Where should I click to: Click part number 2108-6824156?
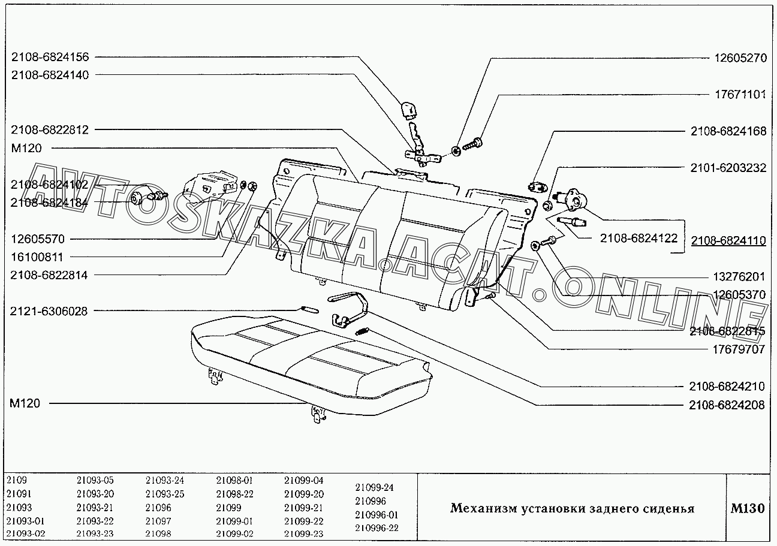50,58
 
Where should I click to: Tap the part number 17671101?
740,95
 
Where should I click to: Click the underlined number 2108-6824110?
728,241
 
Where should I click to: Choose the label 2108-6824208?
727,405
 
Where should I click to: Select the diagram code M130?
747,509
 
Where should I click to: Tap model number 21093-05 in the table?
95,480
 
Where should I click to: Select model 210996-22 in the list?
377,528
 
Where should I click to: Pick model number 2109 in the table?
17,480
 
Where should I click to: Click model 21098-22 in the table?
234,494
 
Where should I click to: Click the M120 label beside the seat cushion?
25,403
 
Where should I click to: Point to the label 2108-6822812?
50,129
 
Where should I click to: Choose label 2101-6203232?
728,168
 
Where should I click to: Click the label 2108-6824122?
639,238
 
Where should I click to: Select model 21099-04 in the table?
303,480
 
